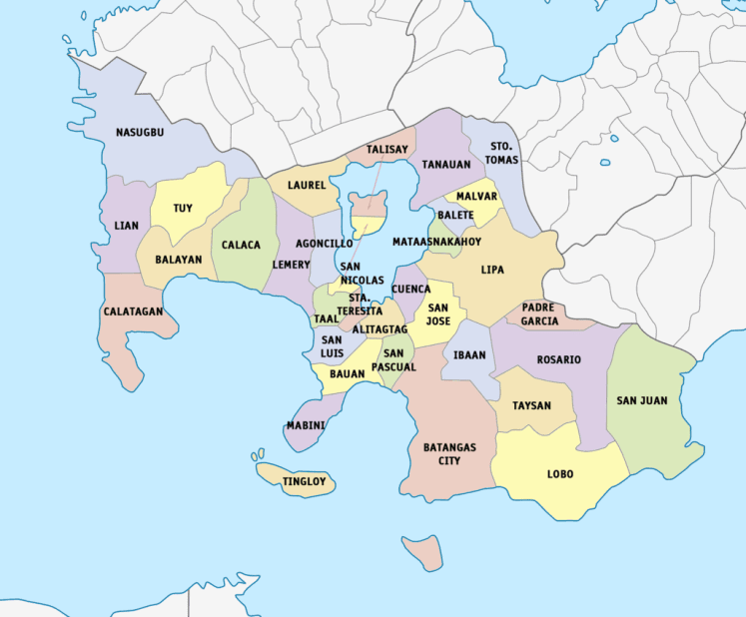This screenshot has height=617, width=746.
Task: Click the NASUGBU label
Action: (140, 132)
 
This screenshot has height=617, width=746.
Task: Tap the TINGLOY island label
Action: (304, 481)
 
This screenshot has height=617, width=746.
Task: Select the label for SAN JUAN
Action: (641, 400)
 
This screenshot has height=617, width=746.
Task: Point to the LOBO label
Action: (560, 474)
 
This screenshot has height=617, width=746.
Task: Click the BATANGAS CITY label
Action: (449, 454)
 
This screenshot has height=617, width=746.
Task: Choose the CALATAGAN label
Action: (133, 311)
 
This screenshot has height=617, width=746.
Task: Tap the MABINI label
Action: (305, 425)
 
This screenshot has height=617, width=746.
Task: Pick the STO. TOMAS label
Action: (499, 152)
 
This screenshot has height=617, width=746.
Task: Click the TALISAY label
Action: (386, 150)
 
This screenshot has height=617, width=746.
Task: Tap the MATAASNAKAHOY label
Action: (436, 242)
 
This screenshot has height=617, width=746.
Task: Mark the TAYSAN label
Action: (531, 406)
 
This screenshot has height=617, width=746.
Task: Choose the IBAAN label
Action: (469, 354)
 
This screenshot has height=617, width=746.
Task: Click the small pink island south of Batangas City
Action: (424, 551)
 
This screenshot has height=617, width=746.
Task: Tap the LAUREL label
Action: (307, 186)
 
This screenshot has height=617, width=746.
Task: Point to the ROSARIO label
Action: (558, 359)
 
